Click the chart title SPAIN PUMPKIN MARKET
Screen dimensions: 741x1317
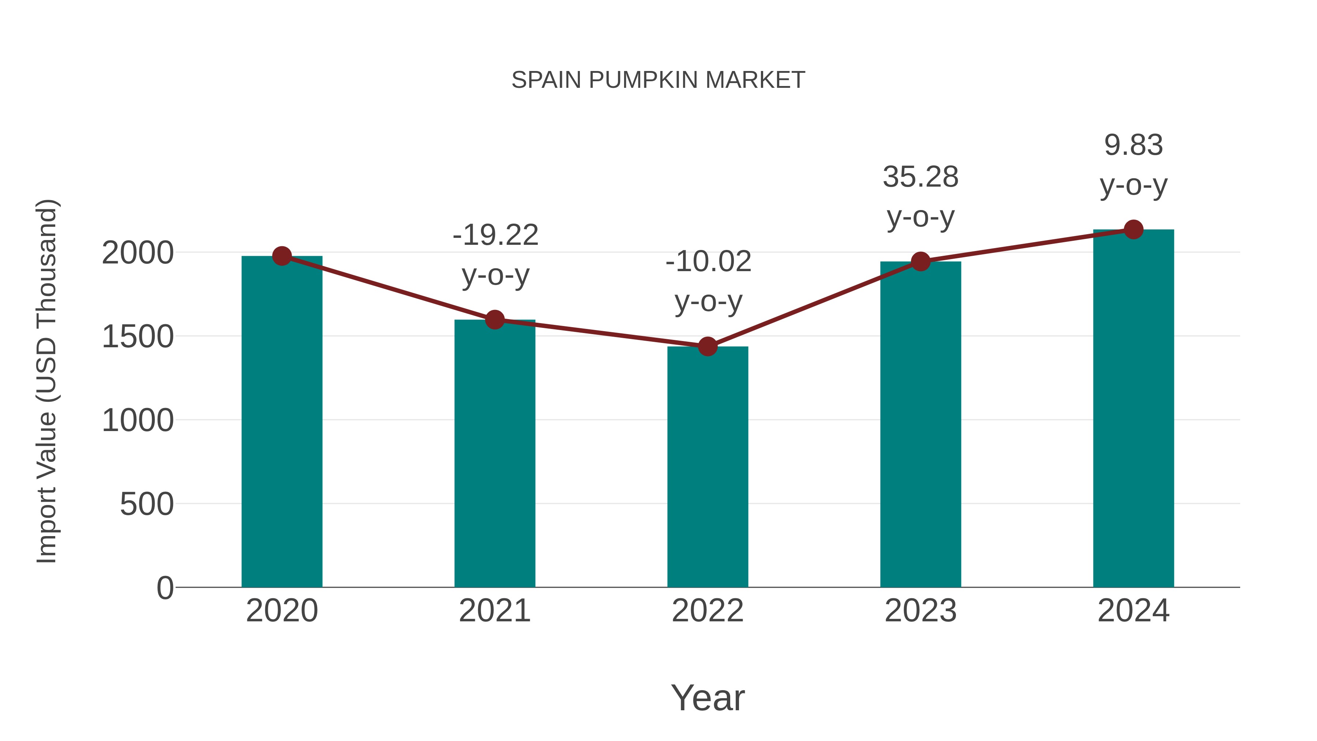tap(658, 80)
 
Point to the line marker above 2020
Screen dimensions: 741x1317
tap(282, 256)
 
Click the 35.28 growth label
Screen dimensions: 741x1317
tap(920, 197)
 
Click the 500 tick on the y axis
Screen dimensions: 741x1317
tap(147, 504)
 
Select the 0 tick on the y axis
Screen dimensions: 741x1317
tap(165, 588)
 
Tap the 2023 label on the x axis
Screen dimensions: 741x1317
tap(920, 611)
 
